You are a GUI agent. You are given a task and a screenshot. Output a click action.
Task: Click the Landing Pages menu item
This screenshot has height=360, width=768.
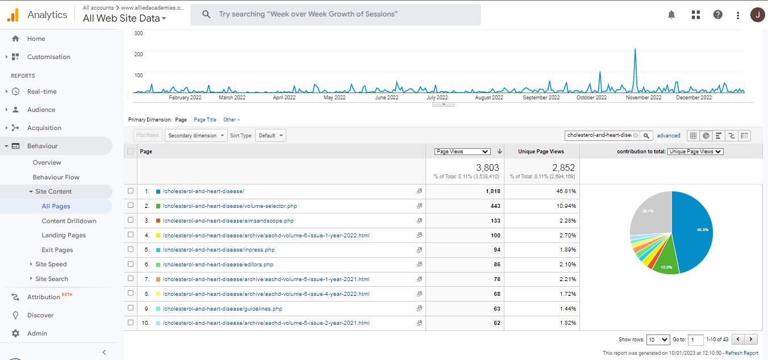coord(64,235)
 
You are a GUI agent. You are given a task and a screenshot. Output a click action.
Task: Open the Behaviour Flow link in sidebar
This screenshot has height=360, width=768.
coord(56,177)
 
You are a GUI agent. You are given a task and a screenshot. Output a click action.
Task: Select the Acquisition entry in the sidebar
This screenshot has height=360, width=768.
coord(44,128)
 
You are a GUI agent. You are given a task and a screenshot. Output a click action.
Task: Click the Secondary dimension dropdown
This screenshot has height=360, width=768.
coord(195,136)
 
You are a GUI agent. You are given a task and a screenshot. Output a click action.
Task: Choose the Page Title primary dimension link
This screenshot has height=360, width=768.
coord(205,120)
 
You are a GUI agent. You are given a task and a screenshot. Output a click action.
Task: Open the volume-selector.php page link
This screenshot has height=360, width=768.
coord(229,206)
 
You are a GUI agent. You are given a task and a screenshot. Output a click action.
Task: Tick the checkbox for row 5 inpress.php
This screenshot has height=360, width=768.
coord(131,249)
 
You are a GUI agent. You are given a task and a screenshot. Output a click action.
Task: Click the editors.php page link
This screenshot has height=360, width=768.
coord(218,265)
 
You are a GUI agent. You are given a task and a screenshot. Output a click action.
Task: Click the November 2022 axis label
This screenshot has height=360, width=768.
coord(644,98)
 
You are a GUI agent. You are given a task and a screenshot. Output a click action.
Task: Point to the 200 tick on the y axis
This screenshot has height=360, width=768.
coord(138,55)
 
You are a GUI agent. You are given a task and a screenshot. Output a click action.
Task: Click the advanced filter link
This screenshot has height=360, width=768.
coord(669,136)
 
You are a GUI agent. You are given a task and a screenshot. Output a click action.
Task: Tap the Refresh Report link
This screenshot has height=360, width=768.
coord(741,353)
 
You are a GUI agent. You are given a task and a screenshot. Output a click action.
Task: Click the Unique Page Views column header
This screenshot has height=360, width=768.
coord(541,152)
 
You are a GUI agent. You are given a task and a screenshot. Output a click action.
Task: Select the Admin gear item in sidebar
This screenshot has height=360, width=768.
coord(37,333)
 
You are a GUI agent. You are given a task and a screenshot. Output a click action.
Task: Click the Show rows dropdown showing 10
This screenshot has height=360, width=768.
coord(658,340)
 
